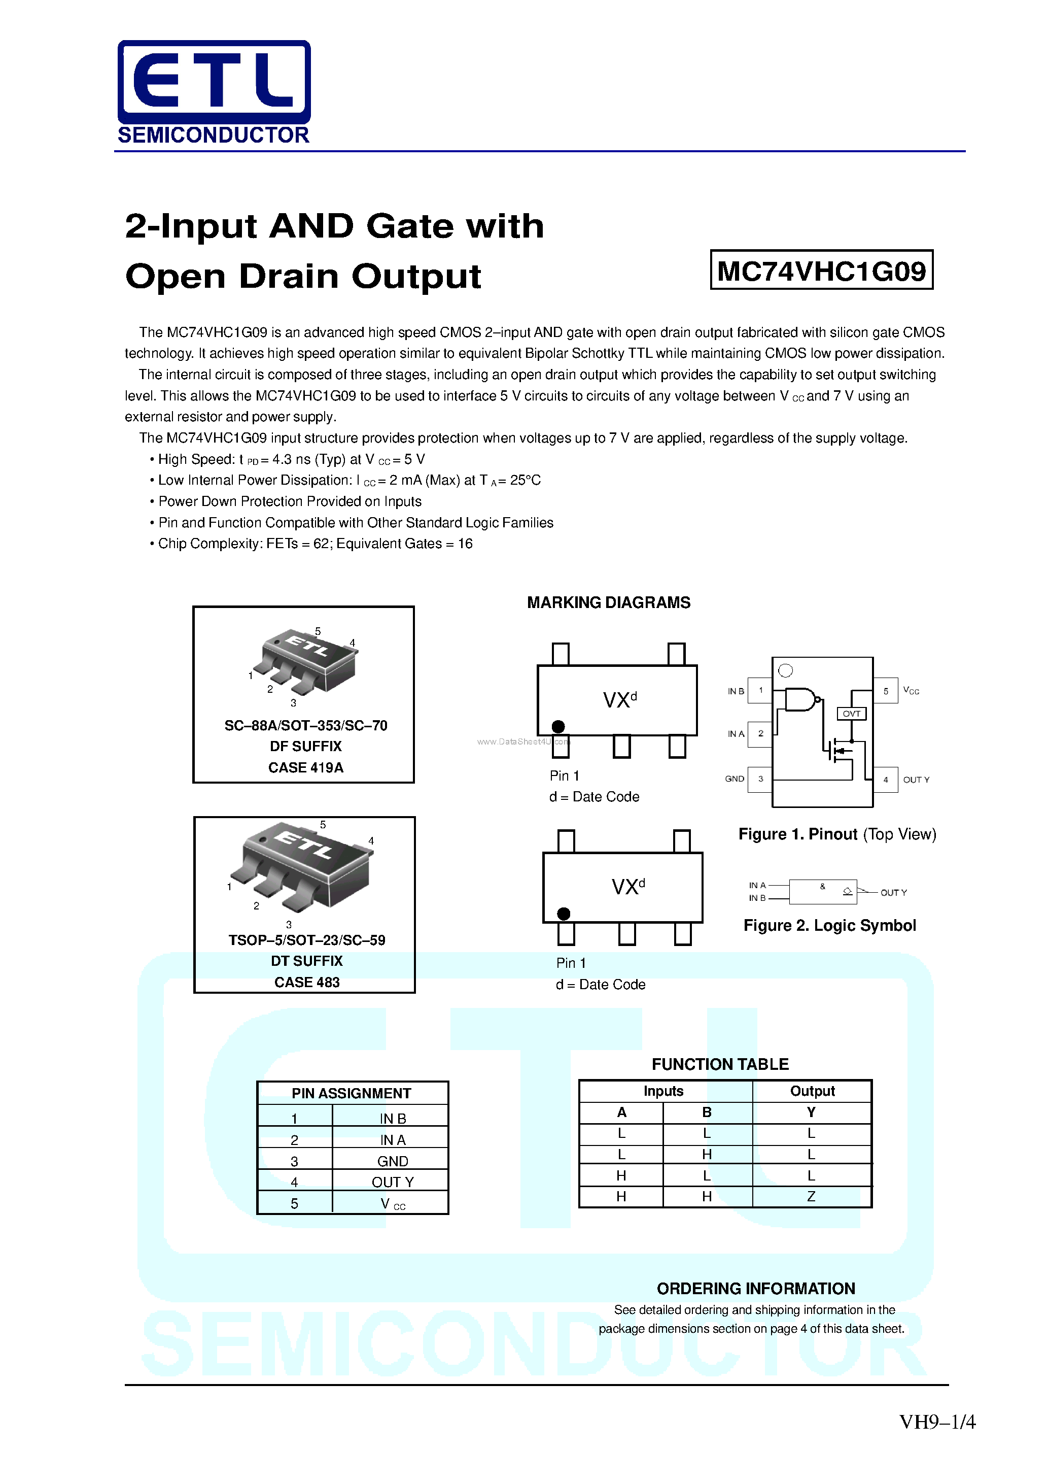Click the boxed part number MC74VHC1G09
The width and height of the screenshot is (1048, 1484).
(x=821, y=270)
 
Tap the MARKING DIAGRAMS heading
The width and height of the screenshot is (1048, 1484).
(x=608, y=602)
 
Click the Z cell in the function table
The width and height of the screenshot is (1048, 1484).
(x=811, y=1196)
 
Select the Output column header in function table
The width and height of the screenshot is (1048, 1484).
(x=812, y=1091)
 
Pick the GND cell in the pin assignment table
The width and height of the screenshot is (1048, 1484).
(x=392, y=1161)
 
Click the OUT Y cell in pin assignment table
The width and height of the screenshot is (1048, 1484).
(x=392, y=1182)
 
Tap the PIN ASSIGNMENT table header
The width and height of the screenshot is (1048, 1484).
(x=351, y=1093)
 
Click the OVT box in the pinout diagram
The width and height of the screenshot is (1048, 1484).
(x=851, y=714)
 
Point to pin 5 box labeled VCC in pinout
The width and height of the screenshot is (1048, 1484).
(x=885, y=691)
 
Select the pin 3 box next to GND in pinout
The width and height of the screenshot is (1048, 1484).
(x=760, y=779)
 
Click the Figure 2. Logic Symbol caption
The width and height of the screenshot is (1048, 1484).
(x=829, y=926)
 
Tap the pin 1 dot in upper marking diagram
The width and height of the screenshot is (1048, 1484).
(x=558, y=726)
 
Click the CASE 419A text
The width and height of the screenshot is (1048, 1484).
(x=305, y=767)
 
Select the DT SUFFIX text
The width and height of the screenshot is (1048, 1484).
(x=306, y=961)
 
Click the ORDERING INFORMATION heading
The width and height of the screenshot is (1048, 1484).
(x=755, y=1288)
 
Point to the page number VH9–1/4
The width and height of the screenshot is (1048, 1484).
(x=937, y=1422)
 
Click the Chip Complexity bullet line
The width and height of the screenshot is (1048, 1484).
(x=314, y=544)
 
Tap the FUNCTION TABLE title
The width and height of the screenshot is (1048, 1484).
(x=720, y=1064)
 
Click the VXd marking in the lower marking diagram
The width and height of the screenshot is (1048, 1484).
(x=627, y=886)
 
